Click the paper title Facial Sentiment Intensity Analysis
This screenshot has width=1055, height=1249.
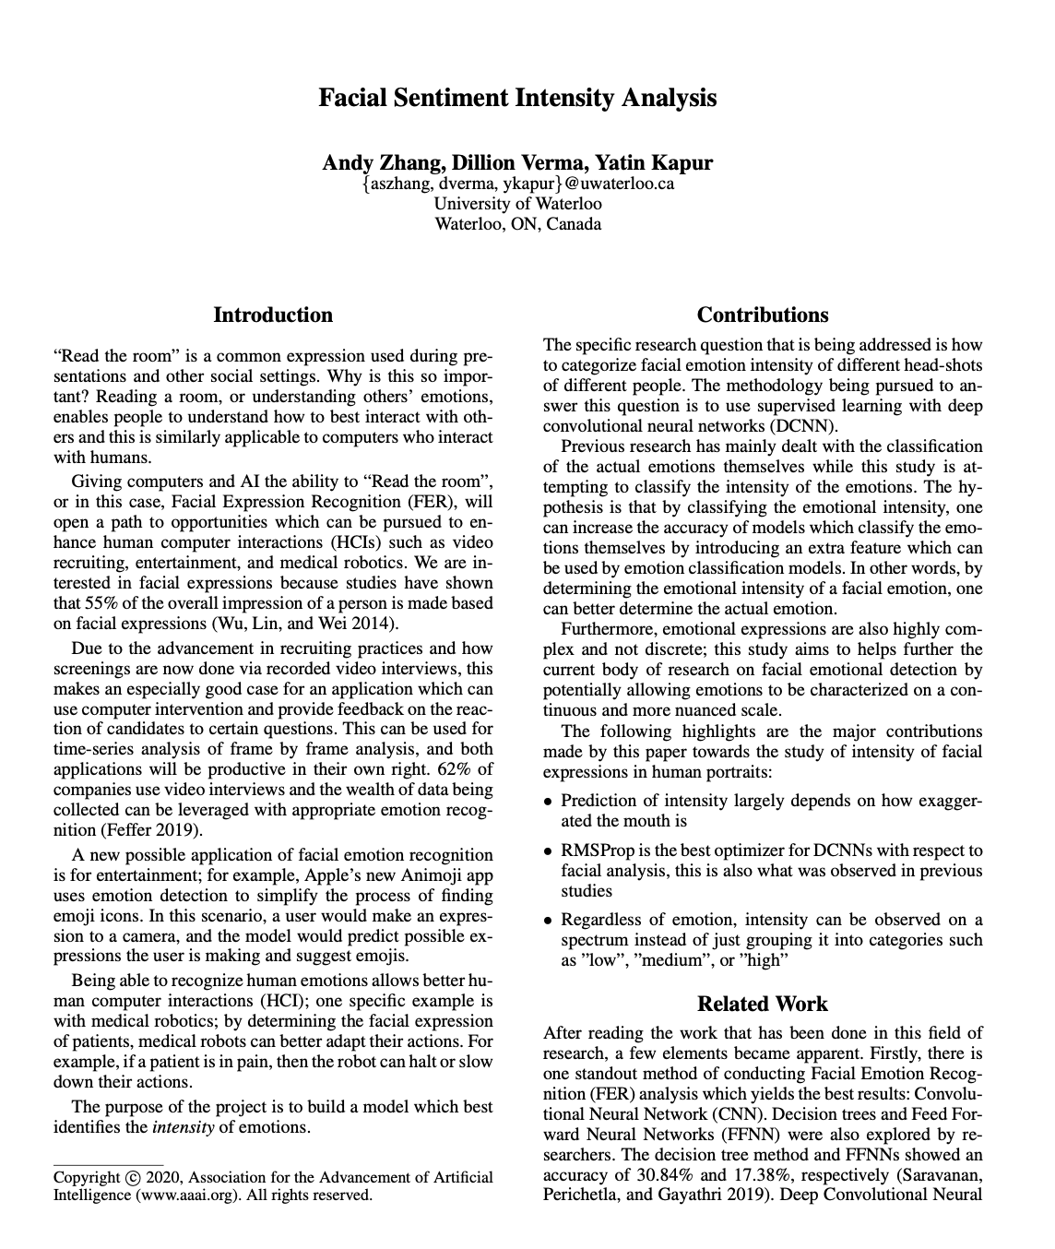tap(517, 98)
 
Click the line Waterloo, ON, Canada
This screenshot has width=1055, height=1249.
tap(517, 224)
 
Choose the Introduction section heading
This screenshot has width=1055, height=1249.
tap(273, 315)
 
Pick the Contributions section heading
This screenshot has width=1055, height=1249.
tap(763, 315)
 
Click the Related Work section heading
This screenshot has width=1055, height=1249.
tap(763, 1005)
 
